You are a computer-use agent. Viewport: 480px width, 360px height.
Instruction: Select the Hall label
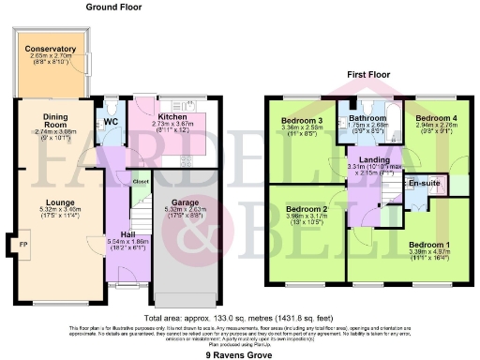point(129,234)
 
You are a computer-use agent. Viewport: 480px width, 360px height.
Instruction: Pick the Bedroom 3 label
point(303,121)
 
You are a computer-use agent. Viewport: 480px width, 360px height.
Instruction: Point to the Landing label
point(374,160)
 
